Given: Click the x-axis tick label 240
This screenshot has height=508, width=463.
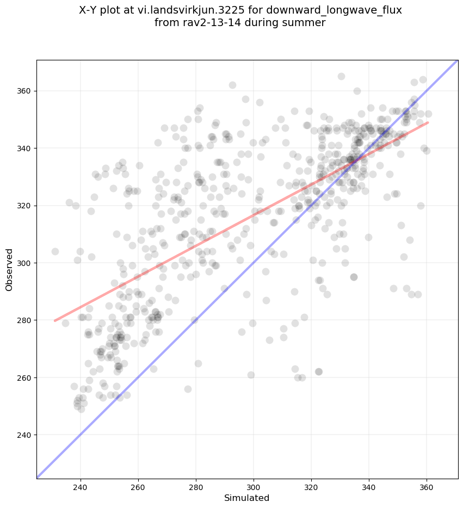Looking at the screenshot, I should pos(81,486).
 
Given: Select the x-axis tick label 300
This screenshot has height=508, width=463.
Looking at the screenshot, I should pos(254,486).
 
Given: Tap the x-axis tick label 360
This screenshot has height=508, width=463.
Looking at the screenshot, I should pos(427,486).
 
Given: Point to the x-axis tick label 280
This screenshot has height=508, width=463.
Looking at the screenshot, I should pos(196,486).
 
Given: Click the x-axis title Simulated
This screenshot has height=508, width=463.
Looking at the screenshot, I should pos(247,498).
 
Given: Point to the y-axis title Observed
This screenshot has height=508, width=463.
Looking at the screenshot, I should pos(9,270).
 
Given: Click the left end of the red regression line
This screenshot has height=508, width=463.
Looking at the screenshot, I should pos(54,321).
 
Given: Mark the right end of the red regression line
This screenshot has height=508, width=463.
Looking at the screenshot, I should pos(428,122).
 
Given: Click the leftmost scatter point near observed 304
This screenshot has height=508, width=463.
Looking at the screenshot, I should pos(55,251).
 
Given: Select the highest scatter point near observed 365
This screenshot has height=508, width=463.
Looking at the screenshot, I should pos(341,76).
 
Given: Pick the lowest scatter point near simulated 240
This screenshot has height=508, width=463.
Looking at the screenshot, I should pos(81,409).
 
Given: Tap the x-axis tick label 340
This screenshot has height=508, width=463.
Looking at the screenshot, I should pos(369,486).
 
